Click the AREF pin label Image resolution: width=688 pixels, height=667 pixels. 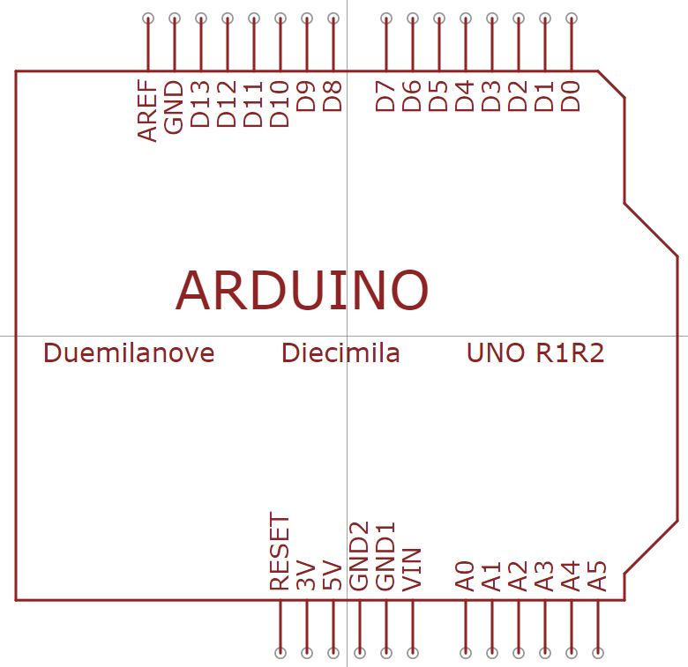147,111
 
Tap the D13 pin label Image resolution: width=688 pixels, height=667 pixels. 201,105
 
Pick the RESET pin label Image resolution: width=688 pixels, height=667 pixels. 280,552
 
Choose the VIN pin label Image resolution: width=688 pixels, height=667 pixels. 413,569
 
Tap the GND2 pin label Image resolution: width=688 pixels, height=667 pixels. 360,556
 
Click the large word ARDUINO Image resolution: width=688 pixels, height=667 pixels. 302,290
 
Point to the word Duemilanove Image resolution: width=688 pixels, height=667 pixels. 129,353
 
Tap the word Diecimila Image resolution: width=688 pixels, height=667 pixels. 340,353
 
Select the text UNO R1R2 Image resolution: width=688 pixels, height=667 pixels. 535,353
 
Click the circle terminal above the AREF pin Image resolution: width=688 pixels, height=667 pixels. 147,19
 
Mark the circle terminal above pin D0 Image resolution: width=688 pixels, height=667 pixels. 572,19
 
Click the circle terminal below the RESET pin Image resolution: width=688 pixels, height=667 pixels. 280,653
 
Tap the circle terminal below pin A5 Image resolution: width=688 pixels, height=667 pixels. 598,653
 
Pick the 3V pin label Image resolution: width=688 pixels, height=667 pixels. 307,574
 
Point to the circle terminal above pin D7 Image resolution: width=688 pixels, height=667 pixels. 386,19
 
